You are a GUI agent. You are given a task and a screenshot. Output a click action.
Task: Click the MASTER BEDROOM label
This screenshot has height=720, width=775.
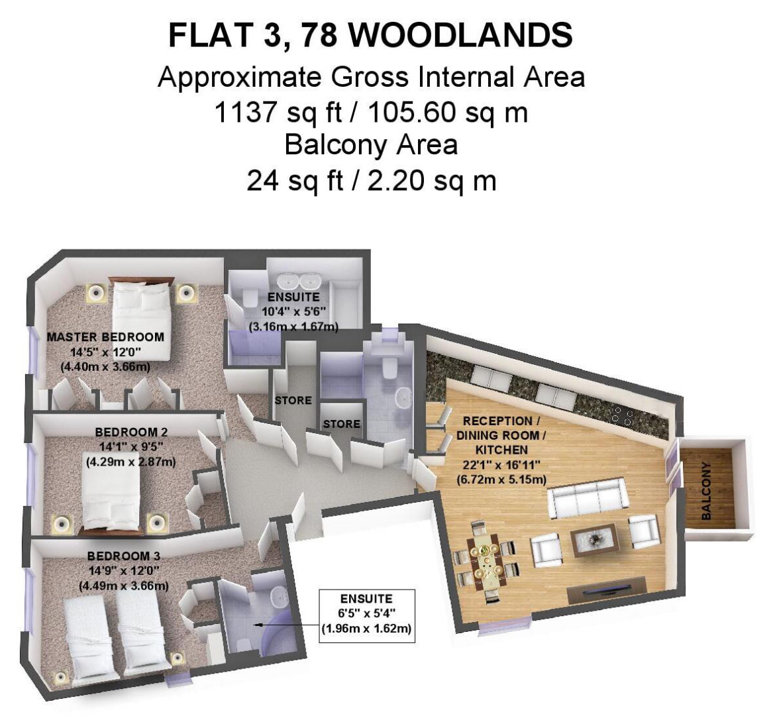pyautogui.click(x=105, y=337)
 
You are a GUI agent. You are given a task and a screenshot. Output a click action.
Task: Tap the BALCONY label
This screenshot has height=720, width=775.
pyautogui.click(x=707, y=491)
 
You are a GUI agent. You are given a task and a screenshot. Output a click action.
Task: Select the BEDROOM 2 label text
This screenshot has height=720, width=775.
pyautogui.click(x=131, y=432)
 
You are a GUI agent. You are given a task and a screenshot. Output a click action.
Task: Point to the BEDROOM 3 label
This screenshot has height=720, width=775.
pyautogui.click(x=124, y=556)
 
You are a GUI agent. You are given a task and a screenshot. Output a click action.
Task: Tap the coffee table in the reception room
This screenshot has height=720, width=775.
pyautogui.click(x=594, y=540)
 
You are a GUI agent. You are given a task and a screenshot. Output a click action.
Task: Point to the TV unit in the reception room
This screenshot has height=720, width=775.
pyautogui.click(x=607, y=590)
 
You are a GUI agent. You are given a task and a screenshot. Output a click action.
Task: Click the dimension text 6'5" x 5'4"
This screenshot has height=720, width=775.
pyautogui.click(x=366, y=614)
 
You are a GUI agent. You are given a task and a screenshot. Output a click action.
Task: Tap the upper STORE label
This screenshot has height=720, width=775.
pyautogui.click(x=293, y=400)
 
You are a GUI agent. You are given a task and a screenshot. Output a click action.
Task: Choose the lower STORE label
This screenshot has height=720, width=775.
pyautogui.click(x=342, y=424)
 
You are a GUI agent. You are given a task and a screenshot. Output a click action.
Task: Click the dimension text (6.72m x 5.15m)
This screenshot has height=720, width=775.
pyautogui.click(x=501, y=480)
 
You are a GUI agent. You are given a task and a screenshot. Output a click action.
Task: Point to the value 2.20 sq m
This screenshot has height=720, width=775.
pyautogui.click(x=432, y=181)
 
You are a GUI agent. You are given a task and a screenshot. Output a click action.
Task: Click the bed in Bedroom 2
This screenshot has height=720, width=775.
pyautogui.click(x=111, y=499)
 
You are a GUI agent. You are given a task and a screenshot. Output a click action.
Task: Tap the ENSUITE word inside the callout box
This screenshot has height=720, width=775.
pyautogui.click(x=367, y=599)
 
